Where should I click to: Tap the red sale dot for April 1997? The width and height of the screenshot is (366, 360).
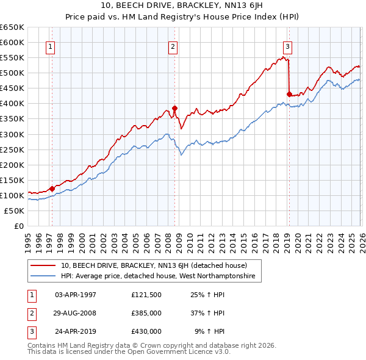52,189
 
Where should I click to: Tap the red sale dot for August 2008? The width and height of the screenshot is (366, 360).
174,108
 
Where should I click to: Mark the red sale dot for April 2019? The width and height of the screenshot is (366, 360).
289,94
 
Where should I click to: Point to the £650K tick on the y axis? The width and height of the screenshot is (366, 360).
12,27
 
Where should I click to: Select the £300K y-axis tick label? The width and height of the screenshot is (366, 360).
12,134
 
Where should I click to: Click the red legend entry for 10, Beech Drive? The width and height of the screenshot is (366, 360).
153,265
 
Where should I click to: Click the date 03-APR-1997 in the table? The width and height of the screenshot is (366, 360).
76,295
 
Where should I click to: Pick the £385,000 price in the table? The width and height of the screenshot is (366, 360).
146,313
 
